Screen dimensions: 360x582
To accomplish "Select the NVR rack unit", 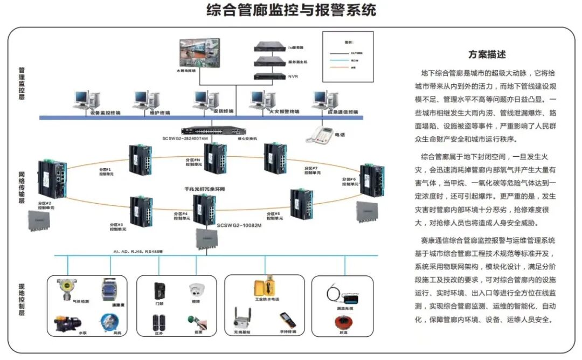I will click(x=269, y=76).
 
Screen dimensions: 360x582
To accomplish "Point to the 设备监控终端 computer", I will click(x=87, y=100).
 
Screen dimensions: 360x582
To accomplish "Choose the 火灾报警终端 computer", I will click(x=265, y=100).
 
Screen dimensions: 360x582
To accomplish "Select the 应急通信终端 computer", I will click(x=327, y=100).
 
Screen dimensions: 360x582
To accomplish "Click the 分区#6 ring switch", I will click(x=372, y=181).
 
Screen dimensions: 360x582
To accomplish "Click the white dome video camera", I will click(x=195, y=290).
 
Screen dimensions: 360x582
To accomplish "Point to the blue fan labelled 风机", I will click(x=109, y=323).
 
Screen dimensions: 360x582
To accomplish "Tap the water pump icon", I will click(x=67, y=323).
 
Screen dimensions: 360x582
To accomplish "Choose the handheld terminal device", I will click(x=288, y=320).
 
